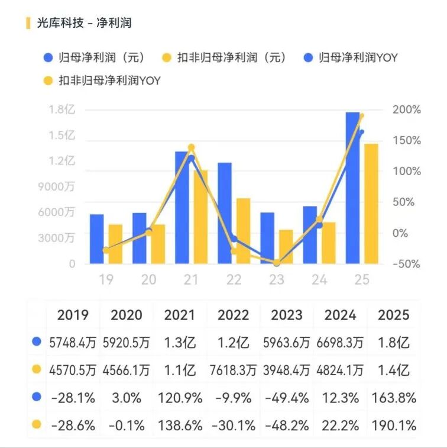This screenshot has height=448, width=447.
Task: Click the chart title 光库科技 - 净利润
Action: pos(83,23)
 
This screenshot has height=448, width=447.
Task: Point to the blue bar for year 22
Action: pos(225,213)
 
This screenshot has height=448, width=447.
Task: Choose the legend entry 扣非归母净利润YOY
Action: pos(109,80)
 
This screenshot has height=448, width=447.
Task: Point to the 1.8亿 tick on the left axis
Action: pos(62,109)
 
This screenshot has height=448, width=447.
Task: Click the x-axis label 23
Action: pos(277,279)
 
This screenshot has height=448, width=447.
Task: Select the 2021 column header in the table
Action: pos(180,315)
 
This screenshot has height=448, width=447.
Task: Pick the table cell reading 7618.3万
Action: pos(233,370)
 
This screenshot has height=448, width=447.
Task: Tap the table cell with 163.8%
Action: pos(393,398)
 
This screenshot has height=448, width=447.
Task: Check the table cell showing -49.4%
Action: pos(286,398)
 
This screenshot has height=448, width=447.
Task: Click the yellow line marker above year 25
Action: pos(361,116)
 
